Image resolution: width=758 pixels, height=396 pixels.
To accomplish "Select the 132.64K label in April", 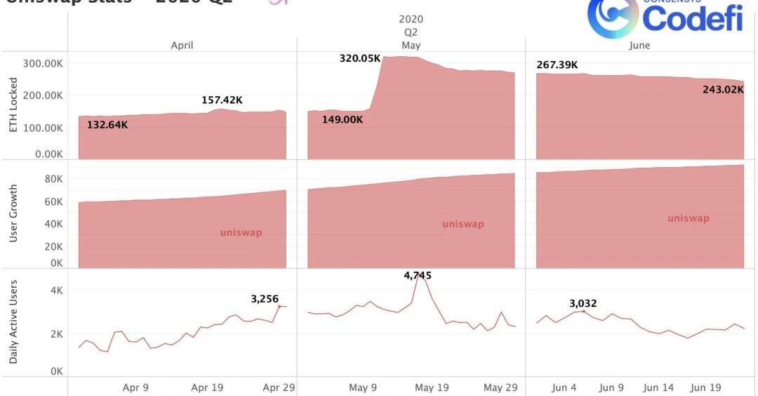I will [108, 125].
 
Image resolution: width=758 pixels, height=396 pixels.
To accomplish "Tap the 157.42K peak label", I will [222, 100].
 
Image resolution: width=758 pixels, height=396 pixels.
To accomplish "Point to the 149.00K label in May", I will [343, 119].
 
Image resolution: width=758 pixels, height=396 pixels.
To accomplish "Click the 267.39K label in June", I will [557, 65].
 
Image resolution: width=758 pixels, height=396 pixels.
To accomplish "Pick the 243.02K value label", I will [724, 89].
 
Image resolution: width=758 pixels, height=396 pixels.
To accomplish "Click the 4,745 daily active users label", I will [418, 276].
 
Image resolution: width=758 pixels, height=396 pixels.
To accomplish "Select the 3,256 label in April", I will [265, 299].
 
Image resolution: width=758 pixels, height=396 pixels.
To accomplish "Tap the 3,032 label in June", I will [583, 303].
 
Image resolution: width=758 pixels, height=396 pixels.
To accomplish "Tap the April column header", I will [182, 45].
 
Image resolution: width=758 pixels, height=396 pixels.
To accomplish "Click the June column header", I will [640, 45].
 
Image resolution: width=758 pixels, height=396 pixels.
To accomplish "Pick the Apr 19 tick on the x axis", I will [208, 387].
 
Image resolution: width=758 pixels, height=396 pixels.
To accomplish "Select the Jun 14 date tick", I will [660, 387].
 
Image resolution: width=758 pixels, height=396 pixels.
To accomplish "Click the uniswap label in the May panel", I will [463, 224].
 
